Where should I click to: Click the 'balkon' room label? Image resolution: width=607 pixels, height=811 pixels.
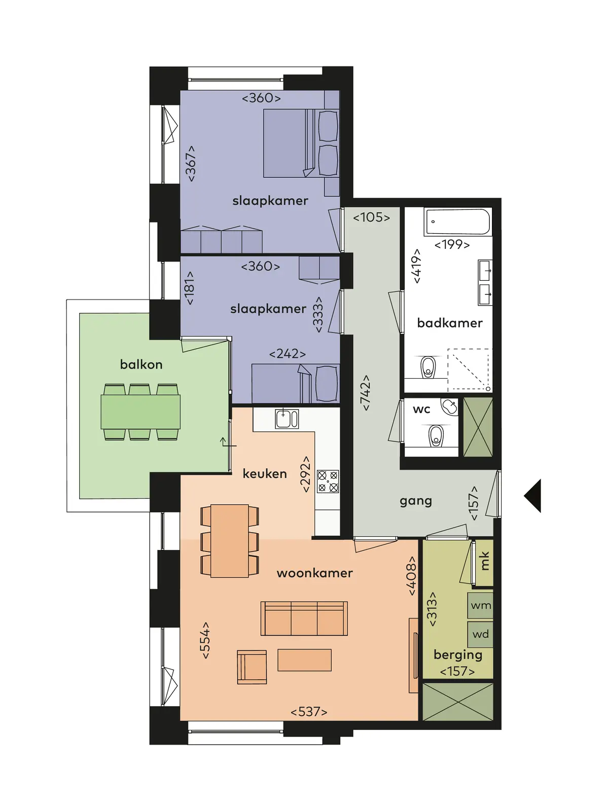click(141, 364)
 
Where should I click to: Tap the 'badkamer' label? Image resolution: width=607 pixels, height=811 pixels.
click(449, 323)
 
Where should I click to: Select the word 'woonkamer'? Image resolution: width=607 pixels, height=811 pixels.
click(314, 573)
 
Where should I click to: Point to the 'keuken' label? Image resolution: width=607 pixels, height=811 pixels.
click(265, 473)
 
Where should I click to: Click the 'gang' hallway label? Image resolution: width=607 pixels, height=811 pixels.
click(415, 501)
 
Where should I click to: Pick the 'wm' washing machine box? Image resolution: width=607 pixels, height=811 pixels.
click(480, 605)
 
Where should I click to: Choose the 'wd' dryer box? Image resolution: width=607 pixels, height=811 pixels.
click(480, 635)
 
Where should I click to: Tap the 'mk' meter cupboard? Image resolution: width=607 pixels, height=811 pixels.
click(484, 562)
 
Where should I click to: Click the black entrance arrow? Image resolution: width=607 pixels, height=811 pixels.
click(532, 496)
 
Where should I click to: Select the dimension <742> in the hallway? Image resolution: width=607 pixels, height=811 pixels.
click(366, 393)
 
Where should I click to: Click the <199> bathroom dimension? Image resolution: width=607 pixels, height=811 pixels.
click(452, 245)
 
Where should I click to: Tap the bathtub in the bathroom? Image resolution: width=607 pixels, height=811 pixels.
click(458, 222)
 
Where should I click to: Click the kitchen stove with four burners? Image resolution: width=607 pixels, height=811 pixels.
click(328, 482)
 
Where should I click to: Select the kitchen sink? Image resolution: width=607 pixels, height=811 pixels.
click(287, 419)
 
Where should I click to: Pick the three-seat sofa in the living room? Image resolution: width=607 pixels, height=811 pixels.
click(304, 618)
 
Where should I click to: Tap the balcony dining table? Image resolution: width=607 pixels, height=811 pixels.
click(140, 412)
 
